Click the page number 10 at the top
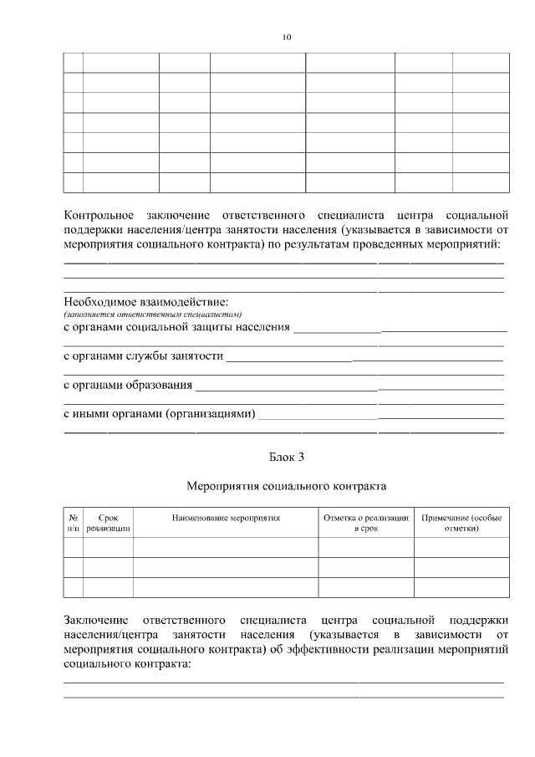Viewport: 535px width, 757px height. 287,38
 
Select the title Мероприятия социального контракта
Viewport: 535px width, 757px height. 286,484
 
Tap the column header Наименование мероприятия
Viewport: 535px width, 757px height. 226,519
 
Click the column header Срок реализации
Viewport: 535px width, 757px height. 108,524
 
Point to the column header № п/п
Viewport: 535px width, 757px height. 73,524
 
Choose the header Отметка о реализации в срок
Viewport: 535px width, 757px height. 366,524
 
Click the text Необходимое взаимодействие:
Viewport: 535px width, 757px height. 146,301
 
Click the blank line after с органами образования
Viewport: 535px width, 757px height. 349,386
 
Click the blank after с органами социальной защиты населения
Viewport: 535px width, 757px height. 399,328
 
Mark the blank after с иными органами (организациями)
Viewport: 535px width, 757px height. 380,416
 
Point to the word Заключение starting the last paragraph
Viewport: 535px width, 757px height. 96,620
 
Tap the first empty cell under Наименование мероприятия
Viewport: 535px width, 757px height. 226,547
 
